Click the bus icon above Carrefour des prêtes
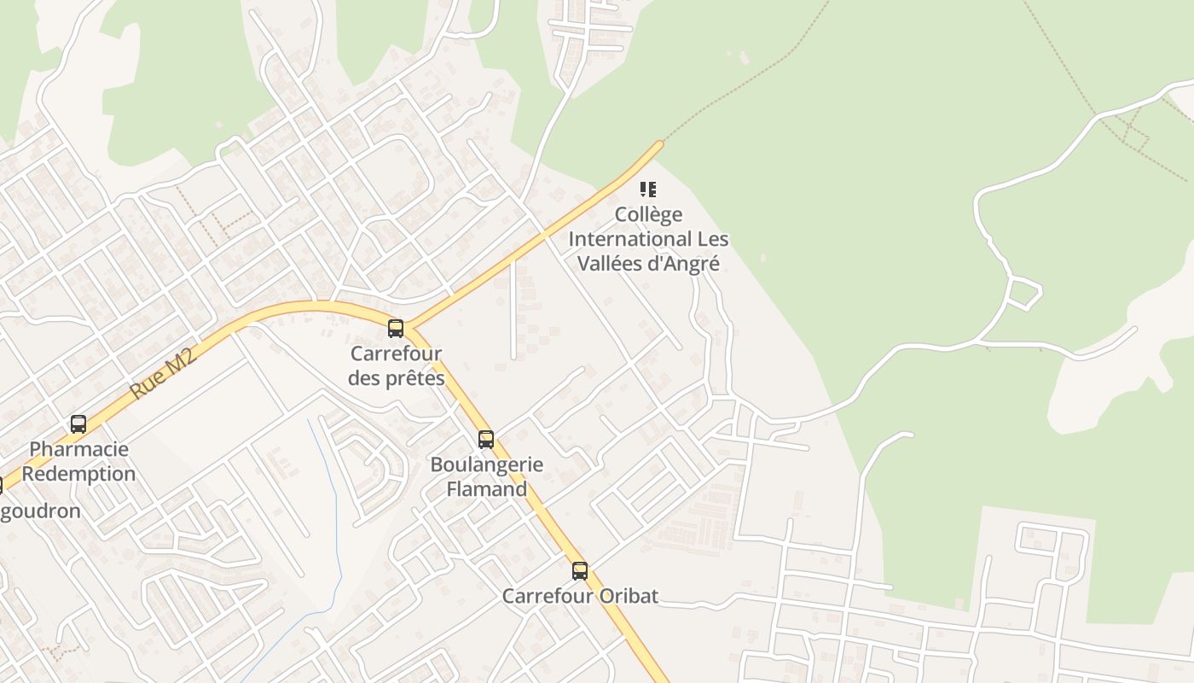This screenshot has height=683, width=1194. pos(396,328)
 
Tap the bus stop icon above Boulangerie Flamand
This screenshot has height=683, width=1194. pos(486,440)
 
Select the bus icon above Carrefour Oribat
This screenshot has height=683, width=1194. pos(580,570)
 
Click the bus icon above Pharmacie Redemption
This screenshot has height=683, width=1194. pos(78,423)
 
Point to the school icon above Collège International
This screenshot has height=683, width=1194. pos(648,189)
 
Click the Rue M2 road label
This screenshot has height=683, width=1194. pos(164,374)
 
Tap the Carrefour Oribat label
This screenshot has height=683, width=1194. pos(580,596)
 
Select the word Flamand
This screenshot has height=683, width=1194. pos(487,489)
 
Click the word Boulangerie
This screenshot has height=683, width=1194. pos(487,465)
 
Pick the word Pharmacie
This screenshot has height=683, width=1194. pos(78,449)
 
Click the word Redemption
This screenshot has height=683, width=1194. pos(78,474)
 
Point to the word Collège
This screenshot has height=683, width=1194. pos(648,214)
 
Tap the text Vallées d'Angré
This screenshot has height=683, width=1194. pos(648,264)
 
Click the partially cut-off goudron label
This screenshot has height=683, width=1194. pos(43,511)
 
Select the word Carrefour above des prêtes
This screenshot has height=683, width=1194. pos(396,353)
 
